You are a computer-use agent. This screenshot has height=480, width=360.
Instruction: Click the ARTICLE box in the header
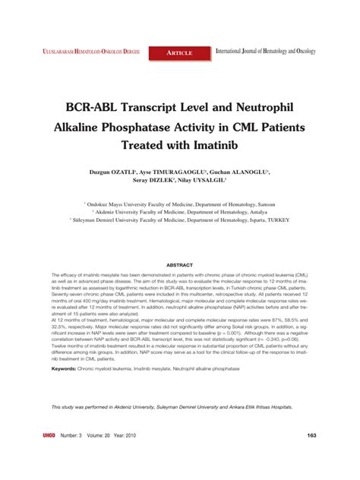pyautogui.click(x=180, y=52)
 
